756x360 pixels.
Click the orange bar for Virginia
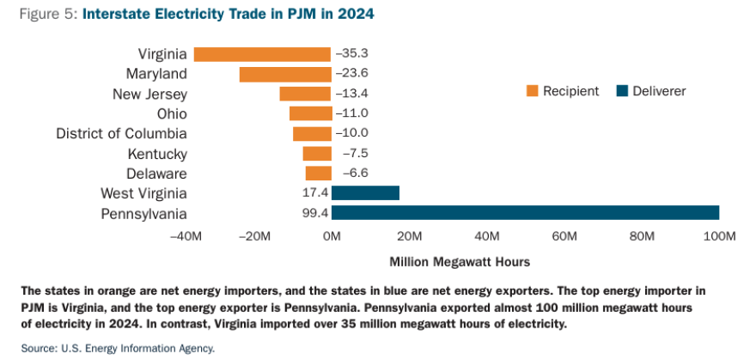tap(262, 54)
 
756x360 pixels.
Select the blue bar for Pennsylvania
tap(525, 213)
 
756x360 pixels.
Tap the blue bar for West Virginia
tap(365, 193)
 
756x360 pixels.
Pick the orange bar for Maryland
tap(285, 74)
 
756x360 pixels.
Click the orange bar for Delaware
tap(318, 174)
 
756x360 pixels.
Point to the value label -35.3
tap(351, 54)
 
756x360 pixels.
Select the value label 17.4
tap(315, 193)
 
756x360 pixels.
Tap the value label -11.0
tap(351, 113)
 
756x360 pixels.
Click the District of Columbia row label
tap(121, 133)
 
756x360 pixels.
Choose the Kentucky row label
tap(156, 154)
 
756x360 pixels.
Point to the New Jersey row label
tap(149, 94)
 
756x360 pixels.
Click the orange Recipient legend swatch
tap(532, 91)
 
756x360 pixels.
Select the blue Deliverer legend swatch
tap(623, 91)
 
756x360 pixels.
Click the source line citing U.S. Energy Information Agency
tap(118, 348)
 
